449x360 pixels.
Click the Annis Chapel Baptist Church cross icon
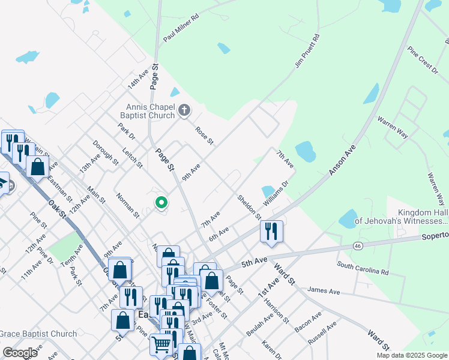[184, 111]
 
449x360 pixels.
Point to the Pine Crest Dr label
[423, 61]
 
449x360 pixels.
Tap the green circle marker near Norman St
[161, 203]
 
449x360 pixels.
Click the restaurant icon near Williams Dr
[271, 230]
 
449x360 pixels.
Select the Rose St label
[204, 136]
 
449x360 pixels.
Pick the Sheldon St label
[249, 206]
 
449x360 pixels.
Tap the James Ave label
[324, 291]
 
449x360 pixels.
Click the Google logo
[20, 353]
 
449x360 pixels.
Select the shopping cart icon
[161, 344]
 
